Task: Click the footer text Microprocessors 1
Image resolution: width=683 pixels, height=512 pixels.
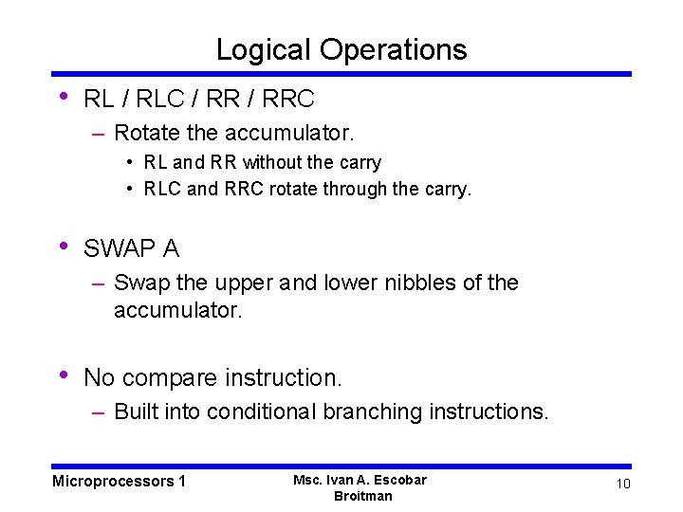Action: point(119,482)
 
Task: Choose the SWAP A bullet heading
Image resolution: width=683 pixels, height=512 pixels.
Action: point(131,248)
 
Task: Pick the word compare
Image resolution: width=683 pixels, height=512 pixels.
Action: point(170,377)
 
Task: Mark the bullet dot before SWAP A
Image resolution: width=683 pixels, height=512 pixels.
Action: point(63,247)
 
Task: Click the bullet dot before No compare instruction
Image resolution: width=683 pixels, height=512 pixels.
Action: point(63,375)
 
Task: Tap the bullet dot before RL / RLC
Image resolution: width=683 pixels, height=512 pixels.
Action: point(63,96)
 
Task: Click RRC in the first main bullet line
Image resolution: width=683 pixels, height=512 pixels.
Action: point(286,98)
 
